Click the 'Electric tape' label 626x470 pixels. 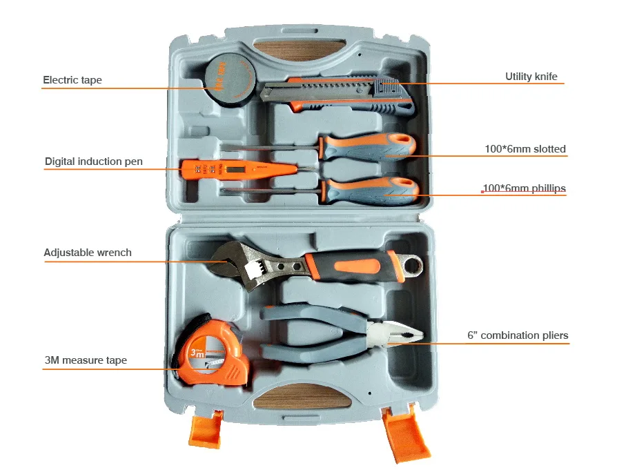tap(72, 80)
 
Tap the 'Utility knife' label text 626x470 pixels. tap(531, 77)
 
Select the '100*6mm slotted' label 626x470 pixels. tap(525, 148)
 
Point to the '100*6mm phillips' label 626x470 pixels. tap(524, 188)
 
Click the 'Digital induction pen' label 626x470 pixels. tap(94, 161)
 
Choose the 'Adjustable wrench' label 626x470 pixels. tap(88, 253)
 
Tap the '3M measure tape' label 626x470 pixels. tap(86, 360)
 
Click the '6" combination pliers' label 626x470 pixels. tap(518, 335)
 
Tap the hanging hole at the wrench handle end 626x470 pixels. tap(411, 264)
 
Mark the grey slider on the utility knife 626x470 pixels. tap(387, 88)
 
